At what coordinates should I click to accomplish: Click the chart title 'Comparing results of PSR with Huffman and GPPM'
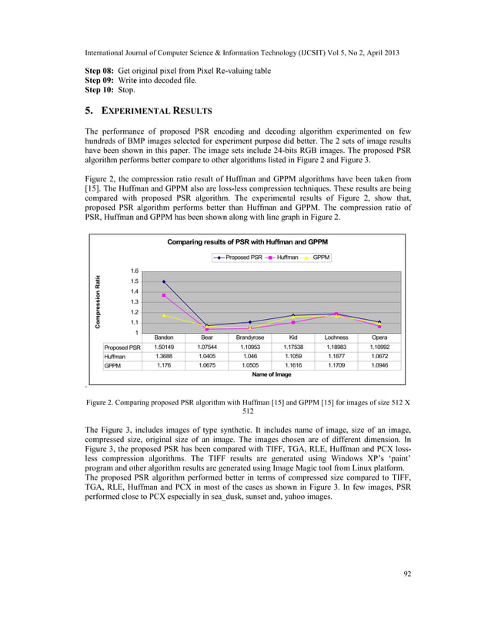click(x=248, y=242)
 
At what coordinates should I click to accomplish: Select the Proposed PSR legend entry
click(x=239, y=258)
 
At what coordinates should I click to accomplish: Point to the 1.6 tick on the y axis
click(x=135, y=271)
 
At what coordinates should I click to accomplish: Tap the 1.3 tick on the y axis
click(x=135, y=302)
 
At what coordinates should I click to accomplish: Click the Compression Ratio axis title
click(x=99, y=302)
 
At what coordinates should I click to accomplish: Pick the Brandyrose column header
click(x=250, y=337)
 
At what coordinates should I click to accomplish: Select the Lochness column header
click(x=336, y=337)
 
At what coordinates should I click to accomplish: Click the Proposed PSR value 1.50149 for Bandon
click(x=164, y=347)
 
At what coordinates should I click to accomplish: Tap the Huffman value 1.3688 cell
click(x=164, y=357)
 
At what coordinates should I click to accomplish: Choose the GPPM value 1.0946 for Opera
click(x=379, y=366)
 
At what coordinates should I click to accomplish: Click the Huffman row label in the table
click(x=115, y=357)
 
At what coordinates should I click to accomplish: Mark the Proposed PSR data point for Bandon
click(x=164, y=281)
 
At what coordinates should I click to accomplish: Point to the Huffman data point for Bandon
click(x=164, y=295)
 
